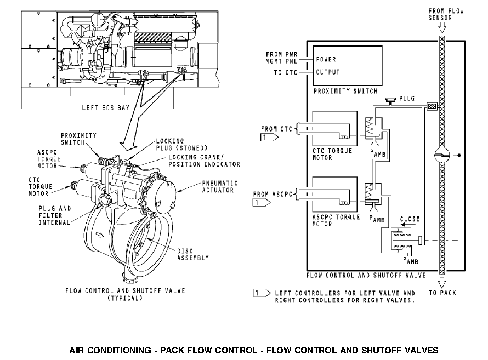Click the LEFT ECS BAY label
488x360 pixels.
pyautogui.click(x=106, y=108)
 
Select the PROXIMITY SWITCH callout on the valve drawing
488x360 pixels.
pyautogui.click(x=78, y=139)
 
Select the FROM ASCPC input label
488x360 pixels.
pyautogui.click(x=274, y=193)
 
